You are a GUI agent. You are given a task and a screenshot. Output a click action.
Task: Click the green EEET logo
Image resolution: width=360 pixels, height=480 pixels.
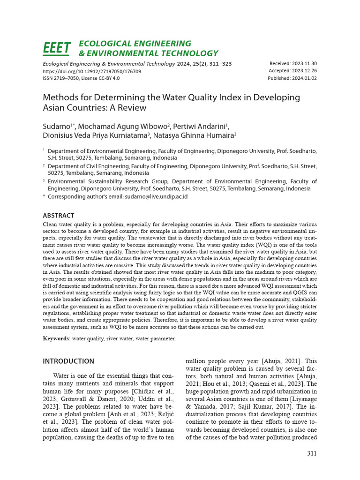click(57, 48)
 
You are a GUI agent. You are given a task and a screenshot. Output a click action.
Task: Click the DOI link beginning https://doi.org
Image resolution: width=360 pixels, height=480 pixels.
click(92, 71)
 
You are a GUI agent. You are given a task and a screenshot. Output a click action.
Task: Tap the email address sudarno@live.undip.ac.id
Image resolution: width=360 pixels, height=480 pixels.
click(156, 196)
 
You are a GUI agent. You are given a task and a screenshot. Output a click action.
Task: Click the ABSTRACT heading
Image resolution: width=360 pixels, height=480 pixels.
click(59, 216)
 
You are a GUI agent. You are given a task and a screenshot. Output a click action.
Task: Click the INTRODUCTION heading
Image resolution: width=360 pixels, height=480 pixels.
click(68, 361)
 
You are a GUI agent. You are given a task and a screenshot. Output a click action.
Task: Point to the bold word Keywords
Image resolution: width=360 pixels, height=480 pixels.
click(56, 338)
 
